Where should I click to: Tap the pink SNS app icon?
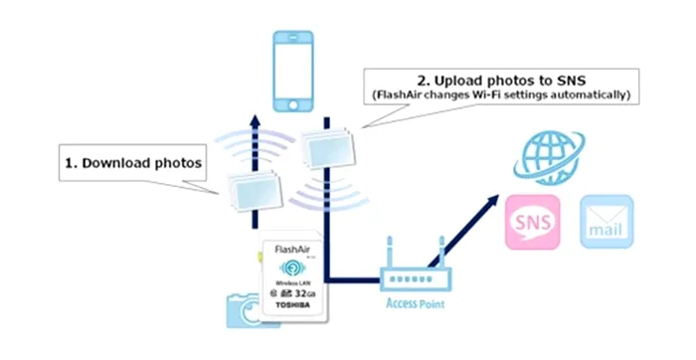pos(532,221)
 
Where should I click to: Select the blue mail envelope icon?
pos(607,221)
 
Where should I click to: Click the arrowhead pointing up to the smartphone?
pos(256,120)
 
